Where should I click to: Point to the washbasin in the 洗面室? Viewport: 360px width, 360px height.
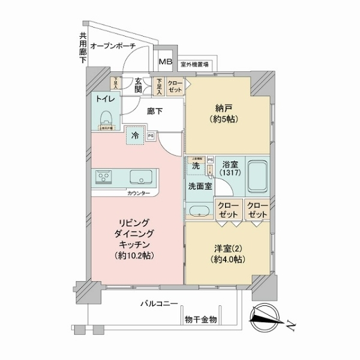[x=198, y=210]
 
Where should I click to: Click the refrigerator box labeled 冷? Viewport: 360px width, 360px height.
[x=135, y=136]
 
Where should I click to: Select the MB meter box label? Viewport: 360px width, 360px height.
[x=164, y=62]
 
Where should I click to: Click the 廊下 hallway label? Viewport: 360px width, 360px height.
[x=155, y=111]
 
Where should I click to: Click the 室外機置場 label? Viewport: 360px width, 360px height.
[x=194, y=62]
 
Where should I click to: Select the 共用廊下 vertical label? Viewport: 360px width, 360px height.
[x=82, y=48]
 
